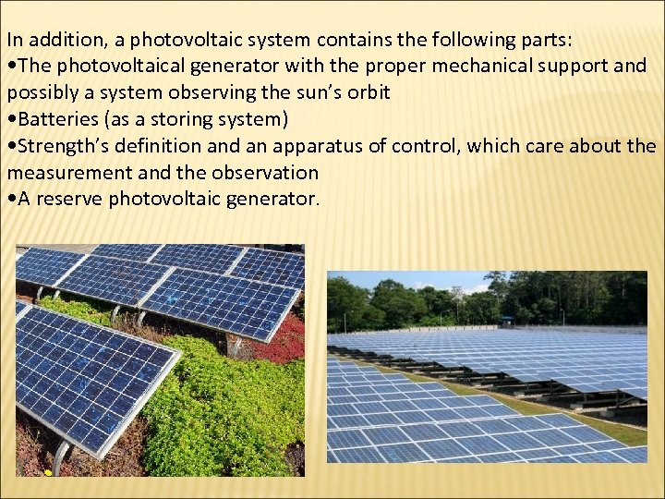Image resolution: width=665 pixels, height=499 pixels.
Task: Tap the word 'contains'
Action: point(351,40)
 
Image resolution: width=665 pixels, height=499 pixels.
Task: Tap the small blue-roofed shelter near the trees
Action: point(507,320)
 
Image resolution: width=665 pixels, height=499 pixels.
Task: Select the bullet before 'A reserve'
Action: point(11,199)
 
